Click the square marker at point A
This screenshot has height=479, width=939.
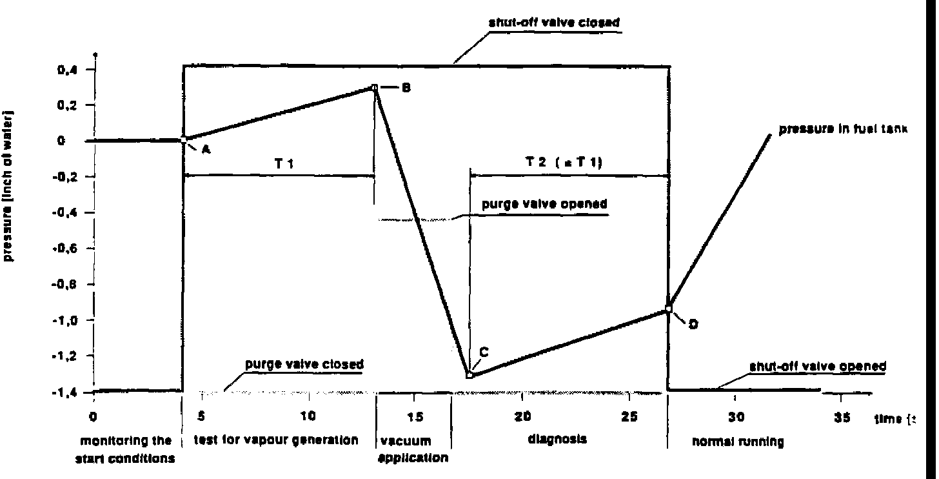point(184,139)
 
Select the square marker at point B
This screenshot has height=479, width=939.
point(374,87)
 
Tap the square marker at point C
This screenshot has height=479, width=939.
point(470,375)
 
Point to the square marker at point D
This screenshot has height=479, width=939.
point(669,309)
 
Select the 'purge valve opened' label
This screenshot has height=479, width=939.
point(545,205)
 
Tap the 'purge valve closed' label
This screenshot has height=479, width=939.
point(302,363)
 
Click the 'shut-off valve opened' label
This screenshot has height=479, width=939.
point(817,366)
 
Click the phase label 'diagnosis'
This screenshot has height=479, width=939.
point(557,439)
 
